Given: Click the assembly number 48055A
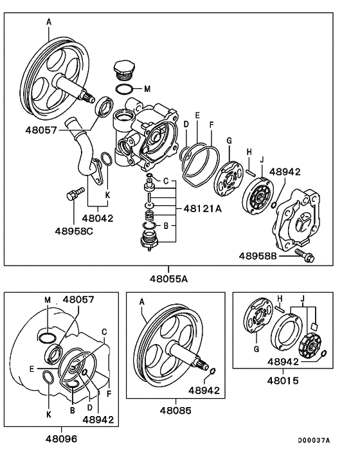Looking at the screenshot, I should (169, 279).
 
